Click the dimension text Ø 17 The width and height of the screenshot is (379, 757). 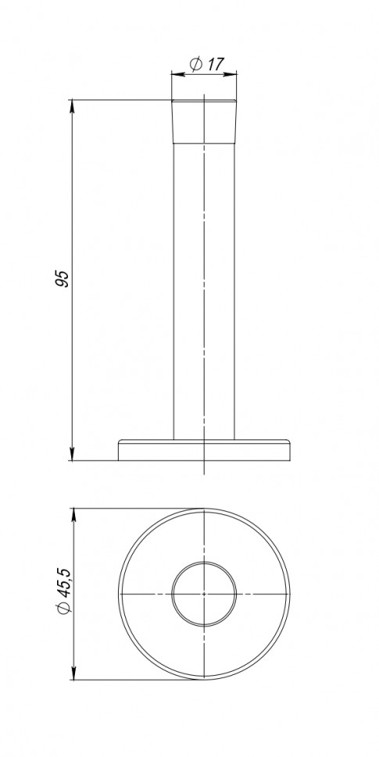(204, 64)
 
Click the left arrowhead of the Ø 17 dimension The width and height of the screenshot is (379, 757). (175, 74)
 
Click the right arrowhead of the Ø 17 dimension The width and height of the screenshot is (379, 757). (233, 74)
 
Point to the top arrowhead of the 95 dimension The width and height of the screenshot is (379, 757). (73, 104)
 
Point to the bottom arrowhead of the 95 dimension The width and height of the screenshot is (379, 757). (73, 456)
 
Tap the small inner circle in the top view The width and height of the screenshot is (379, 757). (202, 562)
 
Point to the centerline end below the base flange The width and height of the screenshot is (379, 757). (203, 473)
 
